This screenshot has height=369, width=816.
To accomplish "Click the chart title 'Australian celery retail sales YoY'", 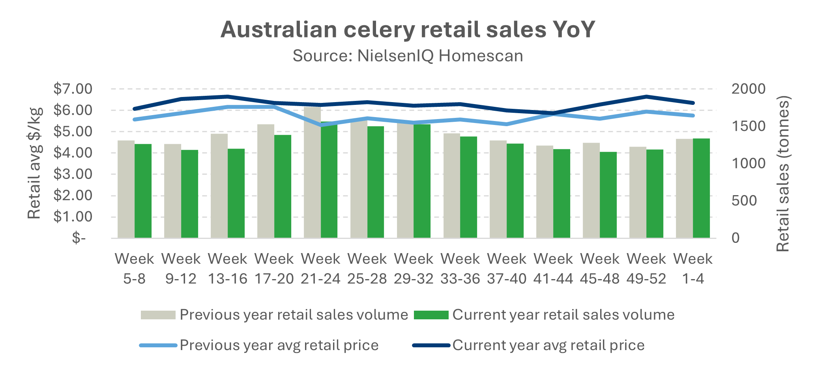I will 408,30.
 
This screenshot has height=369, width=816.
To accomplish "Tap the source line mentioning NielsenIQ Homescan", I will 408,56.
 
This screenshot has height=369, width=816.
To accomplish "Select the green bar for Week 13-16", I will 236,193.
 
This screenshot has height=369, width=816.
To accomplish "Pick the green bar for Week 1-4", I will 701,188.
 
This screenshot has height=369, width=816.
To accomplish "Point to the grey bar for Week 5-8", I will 126,189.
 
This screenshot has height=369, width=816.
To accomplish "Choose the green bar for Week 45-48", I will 608,195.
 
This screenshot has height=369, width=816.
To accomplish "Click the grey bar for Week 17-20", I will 266,181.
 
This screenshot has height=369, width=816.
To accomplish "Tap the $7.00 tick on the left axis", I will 73,89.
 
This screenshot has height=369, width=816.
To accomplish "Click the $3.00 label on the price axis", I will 73,174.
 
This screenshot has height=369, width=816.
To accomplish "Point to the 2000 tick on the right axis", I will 748,89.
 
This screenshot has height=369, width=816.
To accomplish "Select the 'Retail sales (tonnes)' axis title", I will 782,173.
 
